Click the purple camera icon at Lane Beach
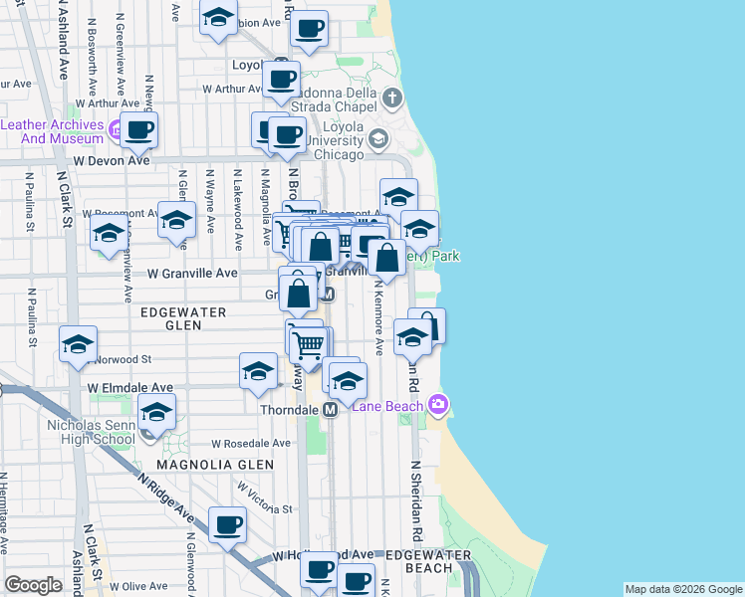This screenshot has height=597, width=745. (x=437, y=405)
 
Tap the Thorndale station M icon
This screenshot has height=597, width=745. (x=330, y=409)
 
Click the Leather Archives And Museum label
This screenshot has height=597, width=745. (x=52, y=131)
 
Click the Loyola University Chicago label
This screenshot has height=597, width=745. (x=339, y=140)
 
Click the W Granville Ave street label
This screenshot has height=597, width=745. (x=192, y=273)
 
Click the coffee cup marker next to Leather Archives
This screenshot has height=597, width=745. (x=139, y=128)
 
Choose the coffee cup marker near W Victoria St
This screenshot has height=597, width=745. (x=227, y=524)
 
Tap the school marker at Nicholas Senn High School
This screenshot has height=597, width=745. (x=156, y=411)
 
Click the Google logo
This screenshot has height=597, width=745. (x=33, y=585)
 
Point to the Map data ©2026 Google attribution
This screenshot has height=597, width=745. (x=682, y=589)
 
